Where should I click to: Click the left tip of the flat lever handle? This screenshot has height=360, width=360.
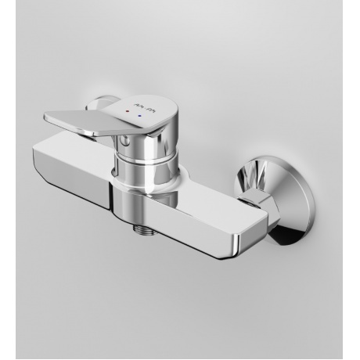[x=45, y=104]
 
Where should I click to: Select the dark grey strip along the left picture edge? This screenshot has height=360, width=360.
[x=4, y=180]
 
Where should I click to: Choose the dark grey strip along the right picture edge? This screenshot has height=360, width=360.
[x=357, y=180]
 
